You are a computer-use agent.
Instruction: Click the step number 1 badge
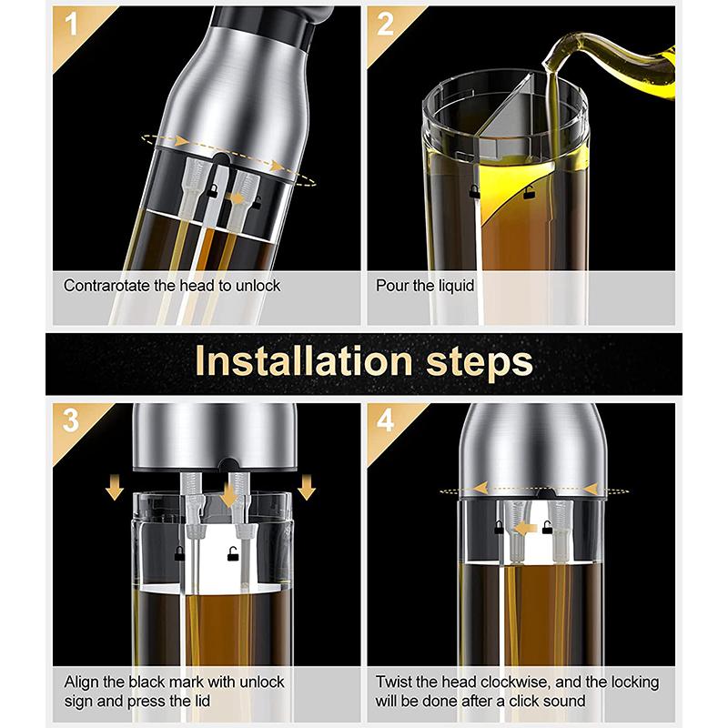pos(66,23)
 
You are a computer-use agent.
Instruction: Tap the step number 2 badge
pos(383,23)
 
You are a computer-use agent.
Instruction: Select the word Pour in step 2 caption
pos(391,285)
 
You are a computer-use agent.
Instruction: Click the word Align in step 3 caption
pos(81,682)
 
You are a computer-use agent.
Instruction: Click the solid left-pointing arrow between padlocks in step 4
pos(522,526)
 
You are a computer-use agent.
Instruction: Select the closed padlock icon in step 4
pos(499,526)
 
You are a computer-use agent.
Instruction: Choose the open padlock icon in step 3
pos(230,554)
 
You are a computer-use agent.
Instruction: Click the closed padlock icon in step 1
pos(211,187)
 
